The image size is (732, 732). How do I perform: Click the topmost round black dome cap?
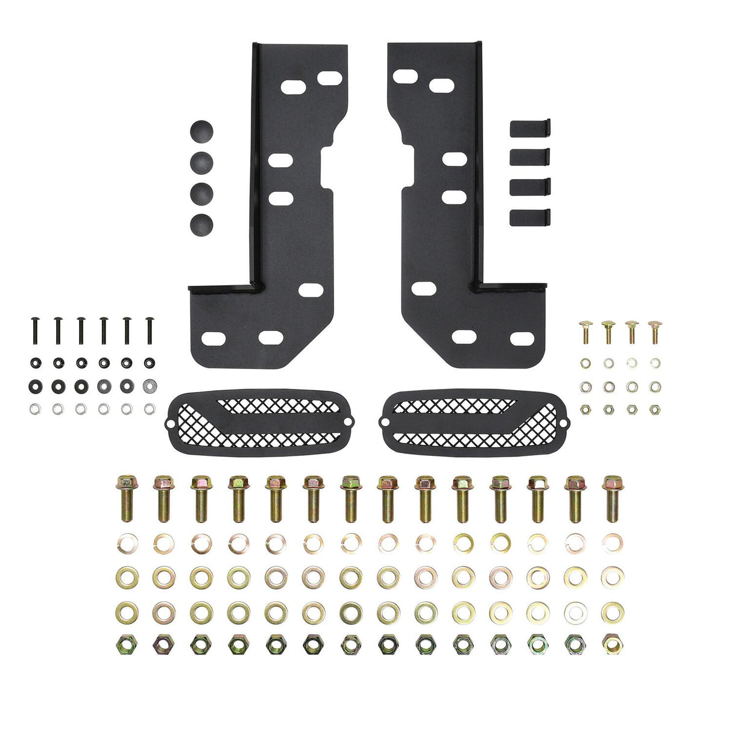coord(202,131)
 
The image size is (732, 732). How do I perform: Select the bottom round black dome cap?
coord(202,225)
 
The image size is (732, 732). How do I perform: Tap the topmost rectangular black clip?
coord(530,128)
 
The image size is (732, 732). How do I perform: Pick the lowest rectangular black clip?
coord(530,217)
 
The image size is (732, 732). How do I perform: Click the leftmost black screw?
coord(34,330)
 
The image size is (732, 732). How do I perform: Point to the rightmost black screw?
coord(149,330)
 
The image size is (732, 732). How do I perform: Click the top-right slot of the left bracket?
coord(330,78)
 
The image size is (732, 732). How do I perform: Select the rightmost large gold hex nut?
coord(612,644)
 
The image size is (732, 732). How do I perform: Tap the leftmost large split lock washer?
coord(127,543)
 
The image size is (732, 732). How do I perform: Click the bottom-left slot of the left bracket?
coord(213,338)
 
